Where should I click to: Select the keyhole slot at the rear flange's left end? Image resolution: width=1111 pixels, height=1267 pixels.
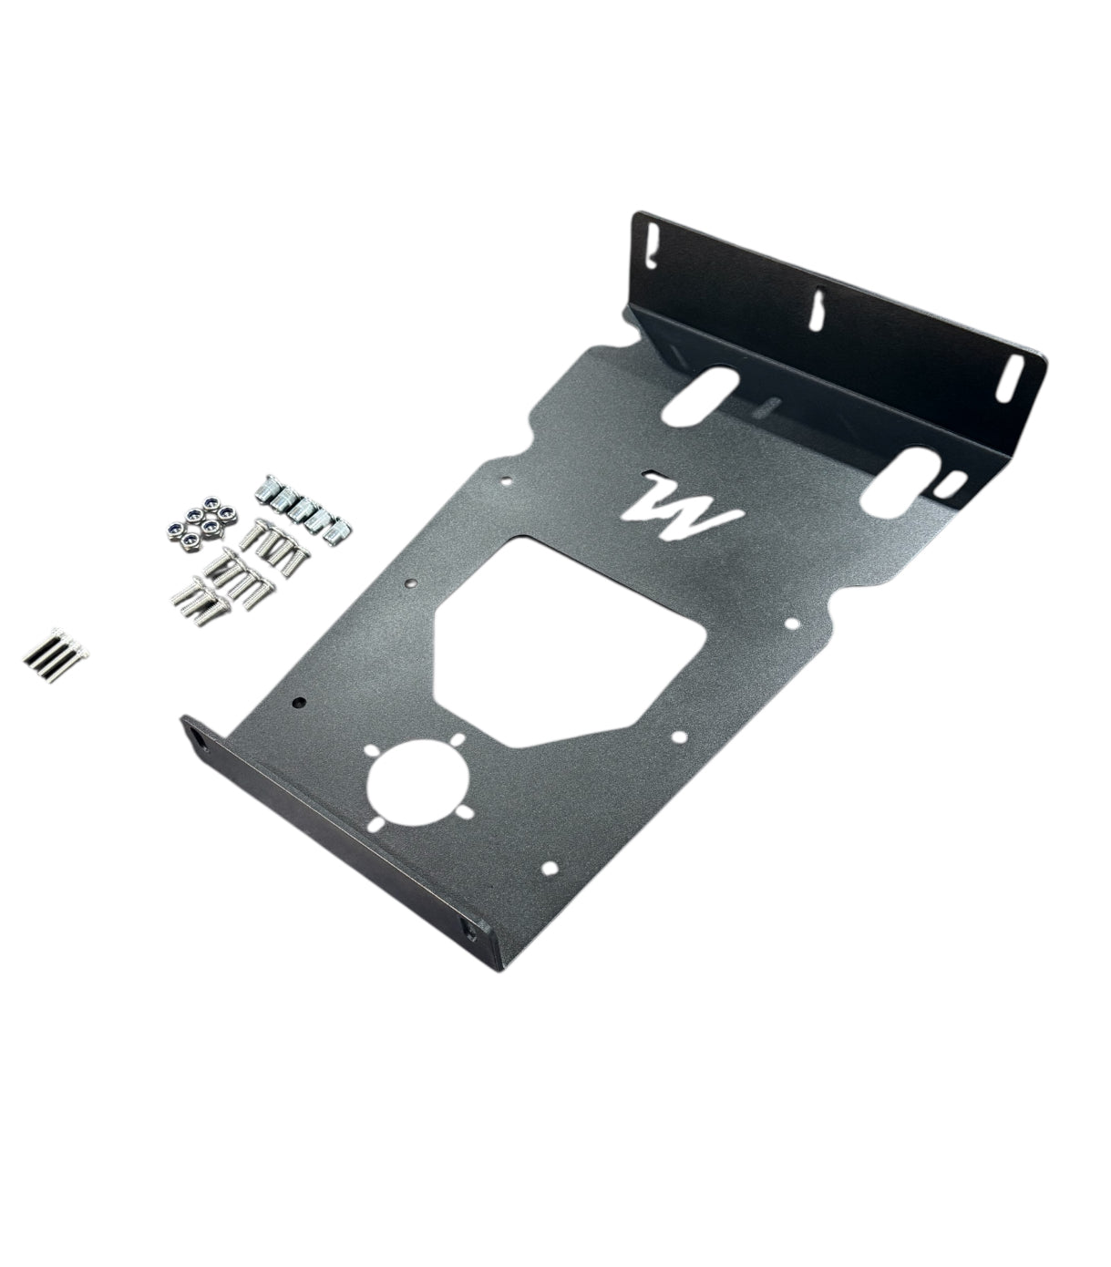pyautogui.click(x=650, y=245)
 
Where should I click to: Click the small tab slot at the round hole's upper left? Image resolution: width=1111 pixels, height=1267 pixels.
pyautogui.click(x=371, y=751)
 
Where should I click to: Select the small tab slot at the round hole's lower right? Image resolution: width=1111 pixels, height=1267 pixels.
pyautogui.click(x=466, y=813)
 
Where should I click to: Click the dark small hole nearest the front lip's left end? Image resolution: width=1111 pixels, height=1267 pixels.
pyautogui.click(x=299, y=704)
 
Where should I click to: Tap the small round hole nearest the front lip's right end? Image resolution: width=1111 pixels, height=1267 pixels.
pyautogui.click(x=550, y=869)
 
